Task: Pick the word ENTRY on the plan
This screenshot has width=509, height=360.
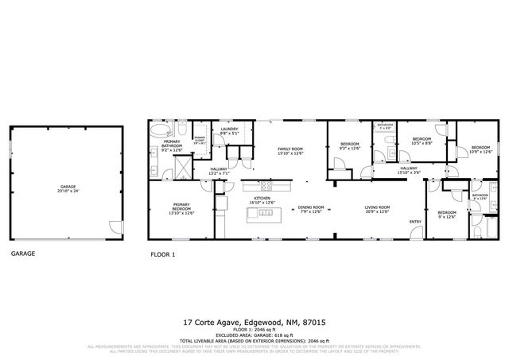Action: coord(415,222)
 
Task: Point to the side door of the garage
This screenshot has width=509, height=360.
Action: coord(116,225)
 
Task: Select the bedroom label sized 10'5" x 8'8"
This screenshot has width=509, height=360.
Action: coord(421,141)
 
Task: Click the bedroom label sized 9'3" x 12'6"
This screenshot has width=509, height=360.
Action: coord(349,146)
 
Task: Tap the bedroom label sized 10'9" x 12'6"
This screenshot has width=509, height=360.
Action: coord(480,149)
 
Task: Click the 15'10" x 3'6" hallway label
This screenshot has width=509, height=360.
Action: coord(409,169)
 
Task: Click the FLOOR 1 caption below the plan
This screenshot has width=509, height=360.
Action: coord(163,255)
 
